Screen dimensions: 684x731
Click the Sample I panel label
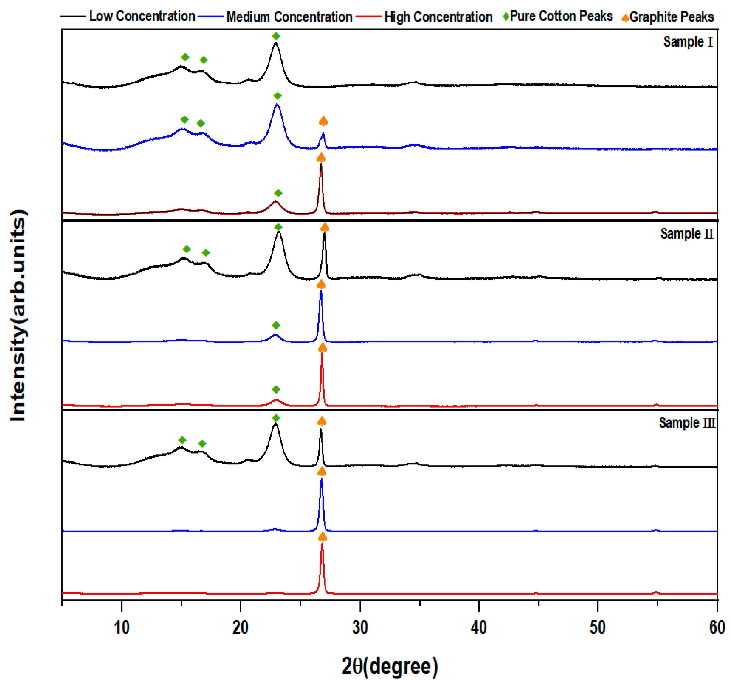(x=688, y=42)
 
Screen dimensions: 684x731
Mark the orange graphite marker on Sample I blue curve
(x=323, y=121)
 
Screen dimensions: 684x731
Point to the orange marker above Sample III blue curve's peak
(x=322, y=472)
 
